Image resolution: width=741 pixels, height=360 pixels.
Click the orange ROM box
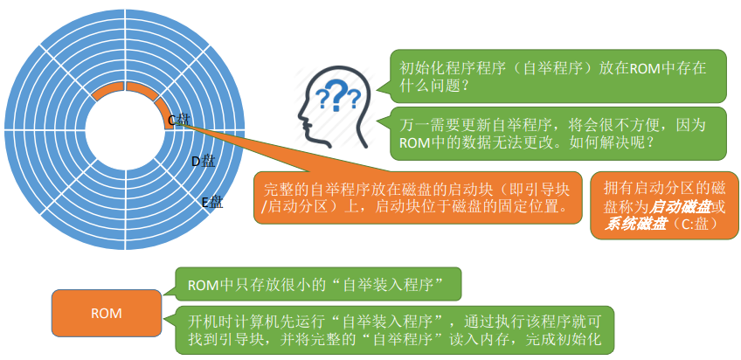(107, 313)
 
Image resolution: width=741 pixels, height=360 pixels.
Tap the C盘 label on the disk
(178, 119)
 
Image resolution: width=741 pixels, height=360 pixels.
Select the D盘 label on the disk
(203, 161)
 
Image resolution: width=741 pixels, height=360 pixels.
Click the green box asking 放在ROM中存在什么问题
(557, 76)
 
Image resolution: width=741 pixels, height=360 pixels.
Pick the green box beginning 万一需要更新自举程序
(557, 132)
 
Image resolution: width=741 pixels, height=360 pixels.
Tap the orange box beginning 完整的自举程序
(418, 197)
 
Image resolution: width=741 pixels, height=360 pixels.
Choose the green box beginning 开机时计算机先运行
(394, 329)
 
